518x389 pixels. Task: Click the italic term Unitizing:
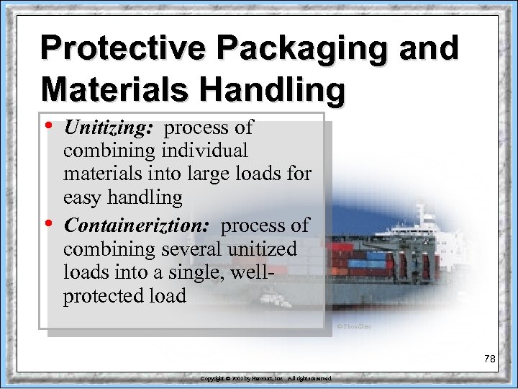(109, 128)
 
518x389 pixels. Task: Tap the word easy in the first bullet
(81, 197)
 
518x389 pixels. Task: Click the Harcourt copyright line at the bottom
(265, 378)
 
